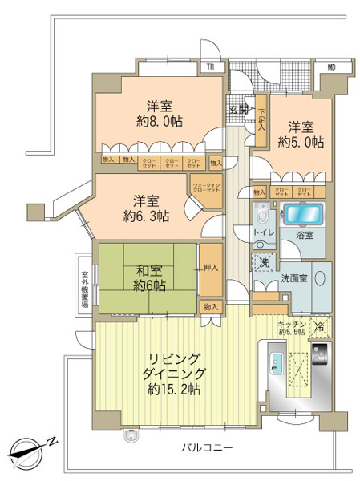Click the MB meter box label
tap(331, 67)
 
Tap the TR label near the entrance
tap(210, 67)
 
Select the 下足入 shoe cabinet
tap(261, 113)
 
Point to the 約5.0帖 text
tap(301, 142)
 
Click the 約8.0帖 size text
tap(156, 122)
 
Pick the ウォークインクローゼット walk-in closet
tap(206, 188)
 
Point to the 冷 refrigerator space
tap(319, 327)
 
